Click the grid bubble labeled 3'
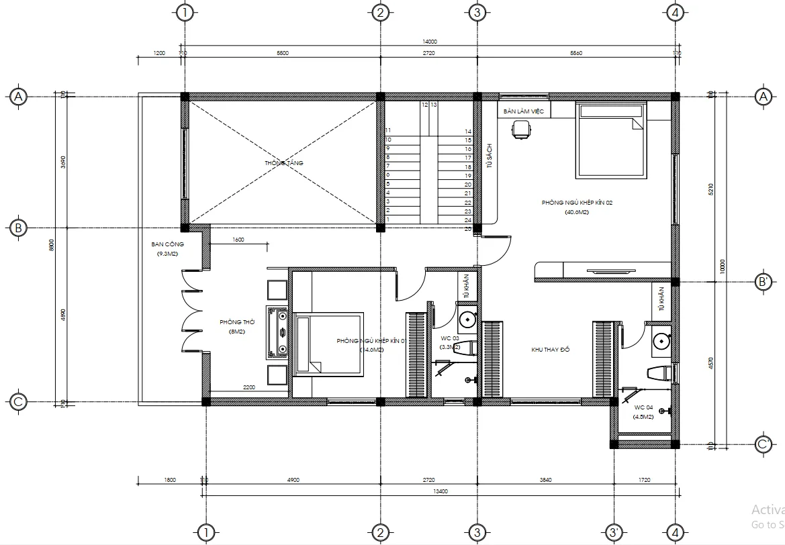(613, 533)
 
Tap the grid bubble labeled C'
(763, 444)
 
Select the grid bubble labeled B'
(763, 281)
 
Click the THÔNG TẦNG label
(281, 163)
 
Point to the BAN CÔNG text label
(168, 244)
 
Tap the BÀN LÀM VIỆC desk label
(524, 111)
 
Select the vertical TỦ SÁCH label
(490, 156)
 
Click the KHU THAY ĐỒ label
(550, 350)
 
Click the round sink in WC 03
(466, 318)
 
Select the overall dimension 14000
(428, 42)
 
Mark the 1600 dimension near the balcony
(238, 240)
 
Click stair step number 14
(467, 132)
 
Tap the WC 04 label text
(643, 407)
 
